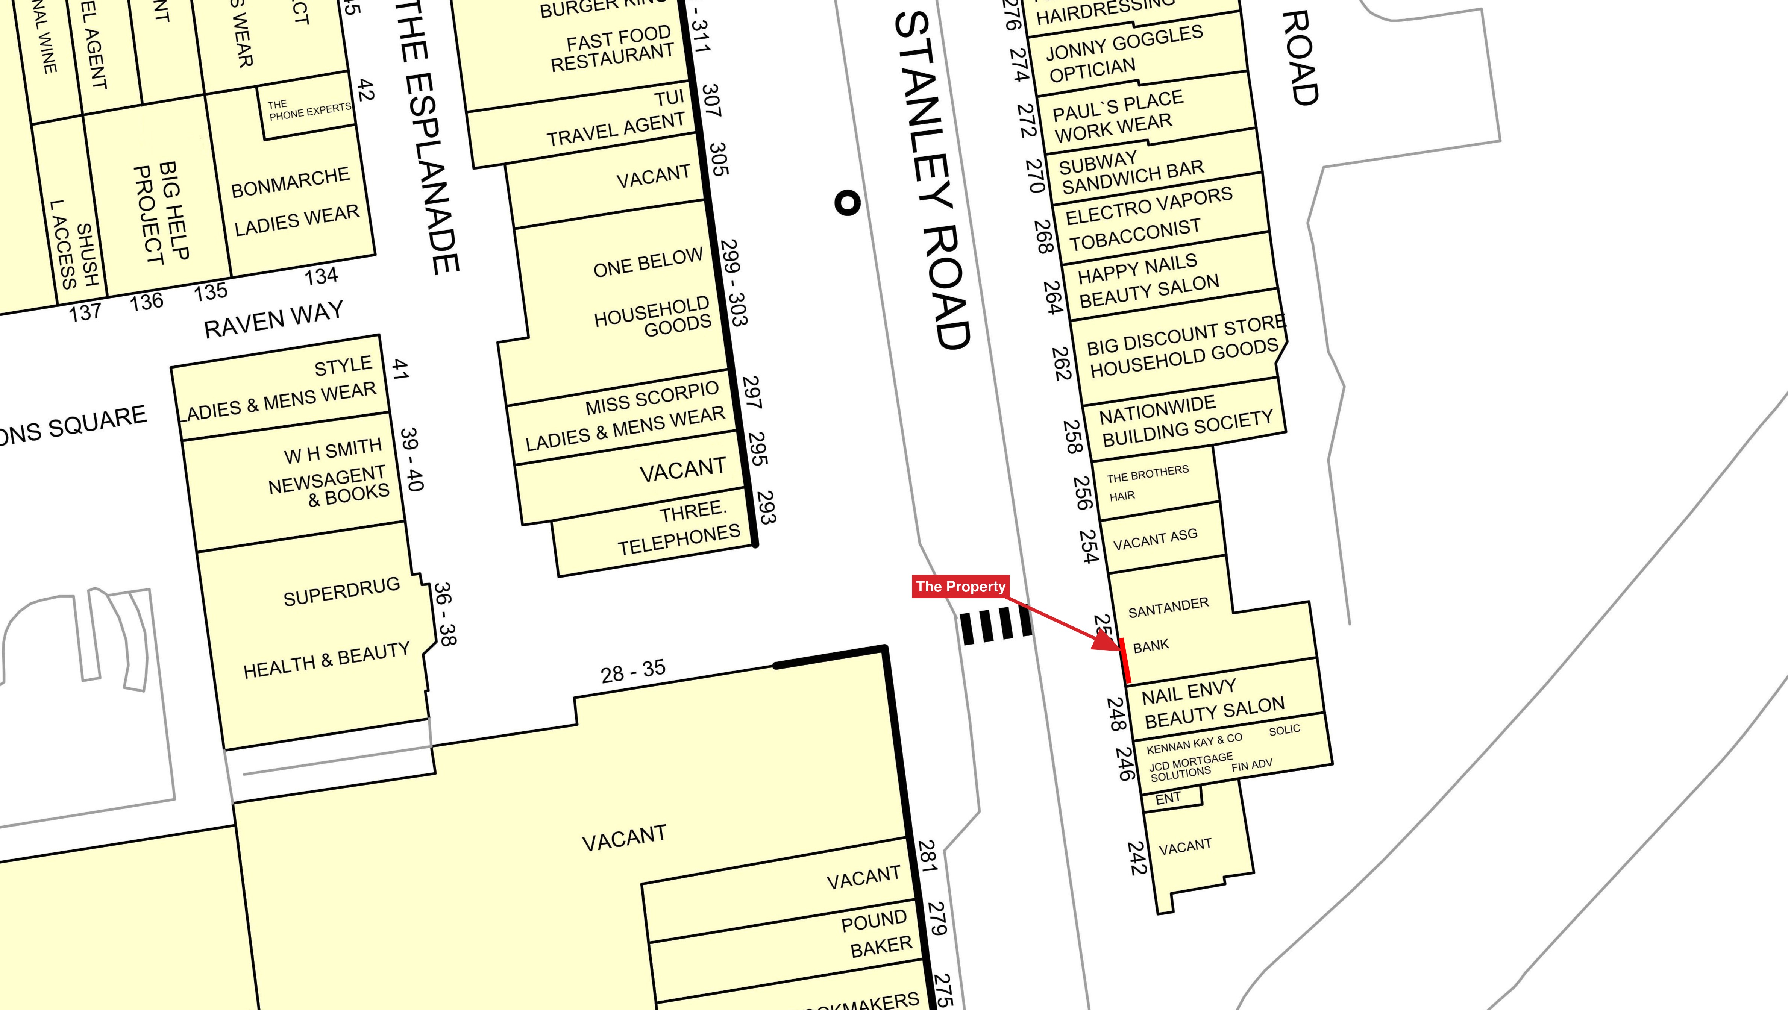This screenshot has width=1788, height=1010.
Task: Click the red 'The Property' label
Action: click(960, 587)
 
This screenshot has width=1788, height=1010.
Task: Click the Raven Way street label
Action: click(273, 319)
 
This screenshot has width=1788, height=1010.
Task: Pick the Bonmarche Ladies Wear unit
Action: click(295, 201)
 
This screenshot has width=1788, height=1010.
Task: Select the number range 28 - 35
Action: click(632, 671)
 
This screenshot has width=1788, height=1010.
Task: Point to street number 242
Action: click(1136, 858)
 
